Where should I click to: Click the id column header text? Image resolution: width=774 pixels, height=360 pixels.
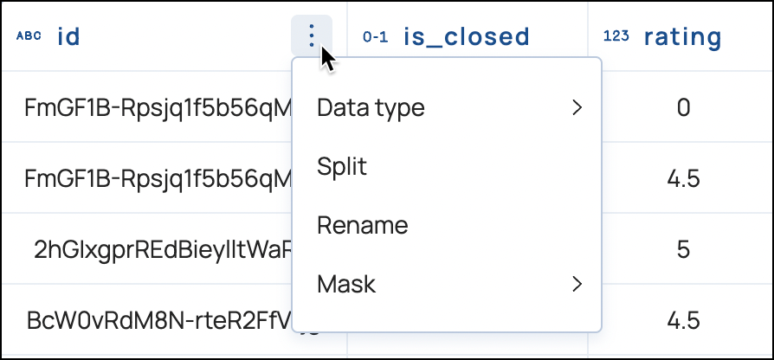click(x=68, y=36)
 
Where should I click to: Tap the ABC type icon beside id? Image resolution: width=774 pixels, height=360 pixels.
click(x=29, y=36)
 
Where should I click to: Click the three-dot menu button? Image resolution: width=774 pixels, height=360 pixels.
click(x=312, y=36)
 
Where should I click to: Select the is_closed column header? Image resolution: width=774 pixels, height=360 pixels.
click(x=466, y=36)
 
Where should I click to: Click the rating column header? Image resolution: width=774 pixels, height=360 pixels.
click(x=682, y=36)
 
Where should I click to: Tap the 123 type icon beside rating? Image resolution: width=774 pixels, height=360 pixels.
click(x=616, y=36)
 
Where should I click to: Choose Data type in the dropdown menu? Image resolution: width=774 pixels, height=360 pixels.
click(x=371, y=108)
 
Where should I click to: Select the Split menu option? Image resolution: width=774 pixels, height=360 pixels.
click(x=342, y=166)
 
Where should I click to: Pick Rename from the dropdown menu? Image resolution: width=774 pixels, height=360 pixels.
click(x=362, y=225)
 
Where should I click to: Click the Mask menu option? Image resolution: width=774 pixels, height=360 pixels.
click(x=346, y=283)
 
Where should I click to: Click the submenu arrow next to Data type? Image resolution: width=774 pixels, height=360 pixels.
click(x=577, y=108)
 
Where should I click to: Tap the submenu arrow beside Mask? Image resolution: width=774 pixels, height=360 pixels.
click(x=577, y=283)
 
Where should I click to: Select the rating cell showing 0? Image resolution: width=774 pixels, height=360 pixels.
click(x=683, y=108)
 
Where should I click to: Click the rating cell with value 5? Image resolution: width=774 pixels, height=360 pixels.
click(x=683, y=250)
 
